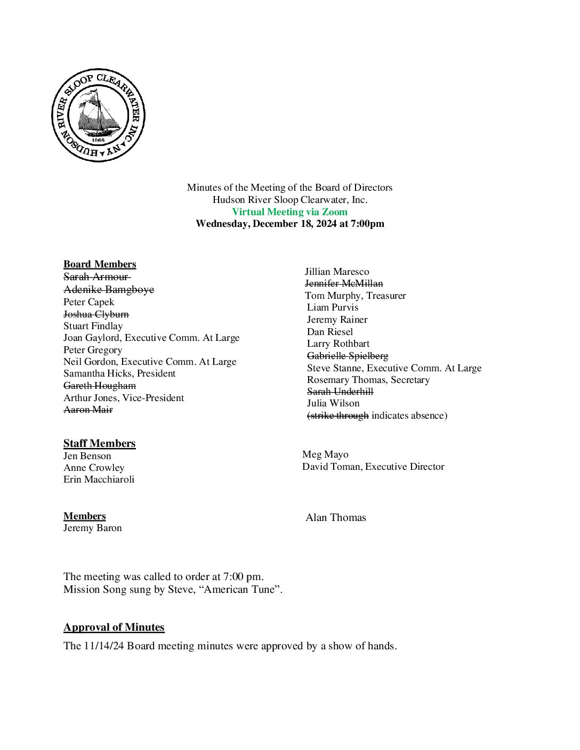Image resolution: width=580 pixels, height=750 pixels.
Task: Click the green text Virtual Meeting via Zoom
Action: point(289,211)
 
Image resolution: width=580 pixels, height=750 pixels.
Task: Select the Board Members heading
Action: point(100,264)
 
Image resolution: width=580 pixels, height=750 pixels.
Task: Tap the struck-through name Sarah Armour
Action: point(96,276)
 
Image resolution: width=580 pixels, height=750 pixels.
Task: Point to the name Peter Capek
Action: point(88,302)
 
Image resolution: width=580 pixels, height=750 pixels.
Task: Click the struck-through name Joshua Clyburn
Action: point(96,314)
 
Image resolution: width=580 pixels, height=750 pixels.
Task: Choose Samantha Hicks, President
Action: point(119,373)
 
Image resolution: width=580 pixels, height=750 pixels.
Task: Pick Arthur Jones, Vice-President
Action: point(124,398)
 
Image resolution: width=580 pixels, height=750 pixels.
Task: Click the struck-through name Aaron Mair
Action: point(88,410)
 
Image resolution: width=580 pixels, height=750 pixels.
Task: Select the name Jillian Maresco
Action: point(337,272)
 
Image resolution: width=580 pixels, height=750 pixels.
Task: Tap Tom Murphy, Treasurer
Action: point(355,296)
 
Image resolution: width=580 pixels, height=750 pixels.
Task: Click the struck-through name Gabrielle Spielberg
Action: point(348,356)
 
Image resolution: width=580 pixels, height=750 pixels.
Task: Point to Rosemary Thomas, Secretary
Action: point(368,380)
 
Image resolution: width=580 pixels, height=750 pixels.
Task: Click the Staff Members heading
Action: point(99,443)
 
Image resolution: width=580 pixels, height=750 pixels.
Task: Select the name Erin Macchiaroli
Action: point(99,479)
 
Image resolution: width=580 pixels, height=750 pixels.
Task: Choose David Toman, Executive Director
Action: point(373,467)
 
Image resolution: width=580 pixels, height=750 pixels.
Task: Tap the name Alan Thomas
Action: point(336,518)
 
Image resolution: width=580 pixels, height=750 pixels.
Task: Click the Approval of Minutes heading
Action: point(114,627)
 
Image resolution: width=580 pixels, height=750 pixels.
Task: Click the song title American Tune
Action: point(240,590)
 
